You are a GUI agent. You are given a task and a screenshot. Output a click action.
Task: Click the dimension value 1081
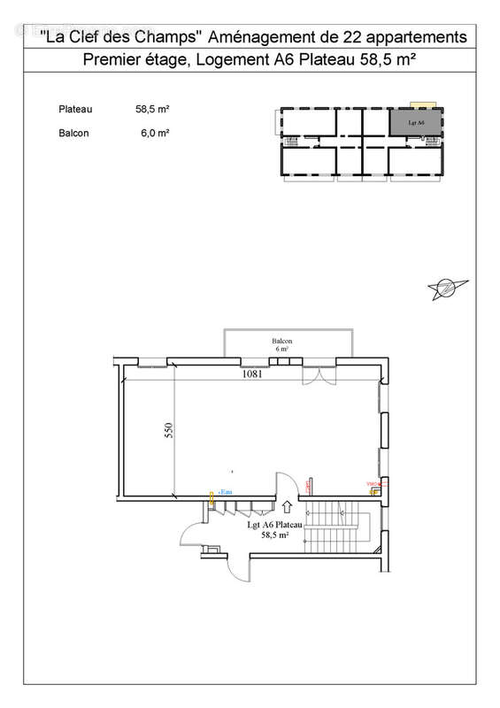tap(254, 374)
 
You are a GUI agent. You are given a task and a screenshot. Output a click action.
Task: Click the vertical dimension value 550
tap(168, 431)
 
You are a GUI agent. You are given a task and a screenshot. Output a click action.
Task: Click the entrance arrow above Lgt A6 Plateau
tap(288, 507)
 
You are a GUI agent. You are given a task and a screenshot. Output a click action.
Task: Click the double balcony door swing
tap(316, 374)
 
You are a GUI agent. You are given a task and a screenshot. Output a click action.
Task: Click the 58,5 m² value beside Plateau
tap(152, 110)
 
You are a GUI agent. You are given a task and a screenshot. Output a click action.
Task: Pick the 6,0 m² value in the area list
tap(155, 134)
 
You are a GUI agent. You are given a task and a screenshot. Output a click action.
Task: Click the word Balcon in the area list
tap(73, 134)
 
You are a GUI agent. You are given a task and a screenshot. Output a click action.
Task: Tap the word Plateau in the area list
tap(76, 110)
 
